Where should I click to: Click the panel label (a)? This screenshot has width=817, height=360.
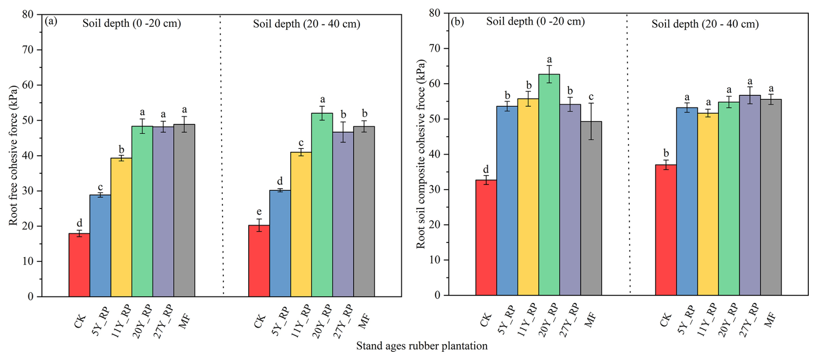tap(51, 22)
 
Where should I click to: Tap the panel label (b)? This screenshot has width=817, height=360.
tap(457, 21)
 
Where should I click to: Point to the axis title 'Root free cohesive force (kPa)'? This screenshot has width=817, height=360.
tap(13, 155)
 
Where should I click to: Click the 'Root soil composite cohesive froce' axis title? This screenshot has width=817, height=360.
tap(421, 154)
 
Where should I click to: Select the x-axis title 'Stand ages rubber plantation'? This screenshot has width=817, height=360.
tap(421, 346)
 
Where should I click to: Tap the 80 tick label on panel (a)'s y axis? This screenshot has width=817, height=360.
tap(28, 14)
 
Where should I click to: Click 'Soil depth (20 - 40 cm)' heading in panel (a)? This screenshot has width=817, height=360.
tap(307, 24)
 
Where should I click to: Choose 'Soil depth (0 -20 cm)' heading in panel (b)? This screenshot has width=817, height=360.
tap(535, 22)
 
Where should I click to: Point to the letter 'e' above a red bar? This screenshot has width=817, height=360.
tap(259, 212)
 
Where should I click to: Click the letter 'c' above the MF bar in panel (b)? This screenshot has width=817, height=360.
tap(591, 97)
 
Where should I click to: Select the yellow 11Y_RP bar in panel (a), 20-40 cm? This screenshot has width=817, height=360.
tap(301, 224)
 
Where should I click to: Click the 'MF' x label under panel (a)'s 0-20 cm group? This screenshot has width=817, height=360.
tap(185, 321)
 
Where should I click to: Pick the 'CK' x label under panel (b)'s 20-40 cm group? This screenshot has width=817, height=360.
tap(665, 320)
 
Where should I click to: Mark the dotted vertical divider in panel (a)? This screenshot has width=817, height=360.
tap(222, 155)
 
